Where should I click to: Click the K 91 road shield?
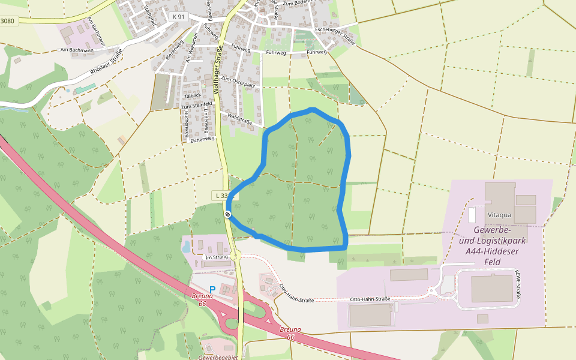point(178,17)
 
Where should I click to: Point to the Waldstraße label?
point(239,118)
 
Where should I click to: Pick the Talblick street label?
point(193,95)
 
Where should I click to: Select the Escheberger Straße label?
point(335,37)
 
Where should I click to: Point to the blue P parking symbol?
point(212,290)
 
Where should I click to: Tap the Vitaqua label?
point(499,214)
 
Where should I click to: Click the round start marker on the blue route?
point(228,214)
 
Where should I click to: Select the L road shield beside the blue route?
point(221,196)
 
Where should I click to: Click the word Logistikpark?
point(491,241)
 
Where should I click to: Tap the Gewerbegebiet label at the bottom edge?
point(218,357)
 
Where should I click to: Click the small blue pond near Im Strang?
point(186,245)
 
